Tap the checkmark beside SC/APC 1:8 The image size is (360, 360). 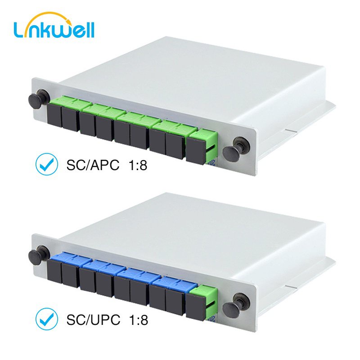tap(46, 165)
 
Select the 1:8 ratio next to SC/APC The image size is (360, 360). tap(134, 165)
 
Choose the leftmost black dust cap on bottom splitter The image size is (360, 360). tap(54, 270)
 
